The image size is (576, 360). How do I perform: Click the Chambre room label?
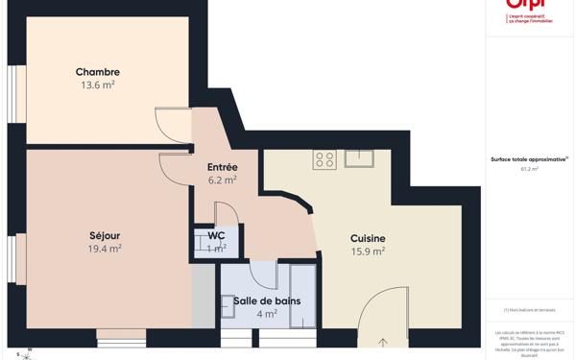click(98, 72)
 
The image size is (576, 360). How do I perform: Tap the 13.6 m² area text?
click(98, 84)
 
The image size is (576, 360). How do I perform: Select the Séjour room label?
click(105, 235)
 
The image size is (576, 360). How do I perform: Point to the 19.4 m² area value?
click(105, 249)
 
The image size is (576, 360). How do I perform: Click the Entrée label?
click(222, 167)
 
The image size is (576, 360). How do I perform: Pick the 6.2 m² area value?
click(222, 180)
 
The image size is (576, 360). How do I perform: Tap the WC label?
click(216, 235)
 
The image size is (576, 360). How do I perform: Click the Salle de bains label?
click(267, 300)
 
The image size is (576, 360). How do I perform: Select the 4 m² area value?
click(267, 313)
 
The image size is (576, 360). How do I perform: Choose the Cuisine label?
click(368, 238)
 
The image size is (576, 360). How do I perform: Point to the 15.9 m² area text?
click(368, 252)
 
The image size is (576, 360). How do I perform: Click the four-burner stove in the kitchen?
click(324, 159)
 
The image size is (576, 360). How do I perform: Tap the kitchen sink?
click(359, 158)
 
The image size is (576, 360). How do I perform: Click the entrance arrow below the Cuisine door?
click(384, 343)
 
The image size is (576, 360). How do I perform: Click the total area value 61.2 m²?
click(529, 169)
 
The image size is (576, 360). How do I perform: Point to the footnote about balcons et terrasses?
click(529, 310)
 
